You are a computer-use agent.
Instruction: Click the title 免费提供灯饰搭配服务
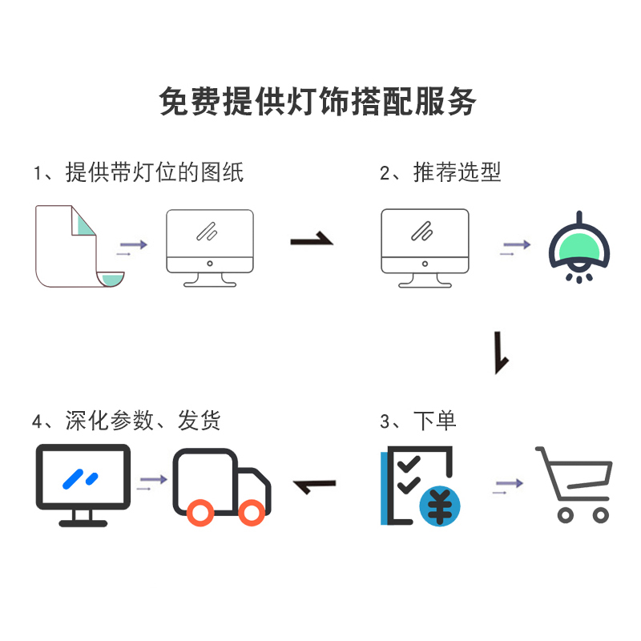point(319,103)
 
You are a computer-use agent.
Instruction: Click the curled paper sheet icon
point(79,247)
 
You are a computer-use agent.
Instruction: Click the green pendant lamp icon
point(579,247)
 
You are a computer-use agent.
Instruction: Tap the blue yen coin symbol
point(440,506)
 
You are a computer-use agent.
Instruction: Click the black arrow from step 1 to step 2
point(311,239)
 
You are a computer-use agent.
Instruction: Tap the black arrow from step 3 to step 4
point(315,485)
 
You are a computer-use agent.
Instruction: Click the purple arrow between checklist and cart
point(507,485)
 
